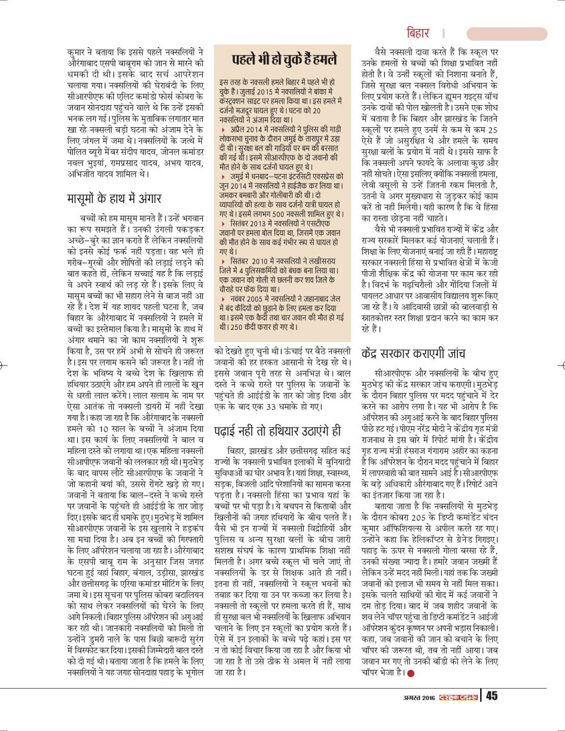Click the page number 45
pos(491,695)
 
